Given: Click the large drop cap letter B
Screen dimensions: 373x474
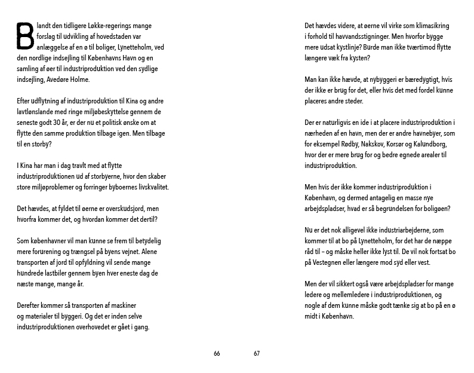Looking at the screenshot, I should coord(24,35).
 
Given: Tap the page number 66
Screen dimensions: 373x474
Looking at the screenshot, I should coord(217,353).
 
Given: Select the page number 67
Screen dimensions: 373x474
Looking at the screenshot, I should coord(257,353).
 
